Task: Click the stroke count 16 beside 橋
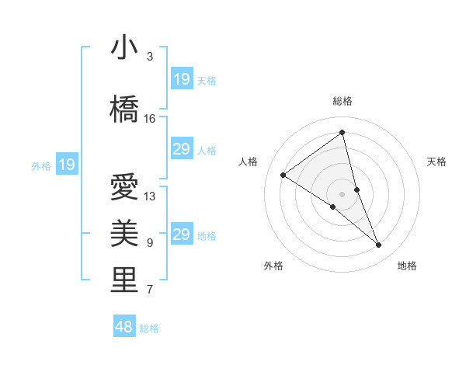[x=150, y=119]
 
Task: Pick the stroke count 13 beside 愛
[x=150, y=196]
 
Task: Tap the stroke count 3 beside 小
[x=150, y=57]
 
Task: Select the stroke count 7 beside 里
[x=150, y=290]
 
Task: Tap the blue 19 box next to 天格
[x=182, y=78]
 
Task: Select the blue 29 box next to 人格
[x=182, y=149]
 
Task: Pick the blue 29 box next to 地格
[x=182, y=235]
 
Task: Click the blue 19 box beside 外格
[x=66, y=164]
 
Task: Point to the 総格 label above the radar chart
[x=343, y=101]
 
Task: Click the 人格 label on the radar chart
[x=249, y=162]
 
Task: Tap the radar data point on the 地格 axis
[x=379, y=245]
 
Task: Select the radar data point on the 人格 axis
[x=283, y=175]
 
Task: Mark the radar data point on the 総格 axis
[x=343, y=132]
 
